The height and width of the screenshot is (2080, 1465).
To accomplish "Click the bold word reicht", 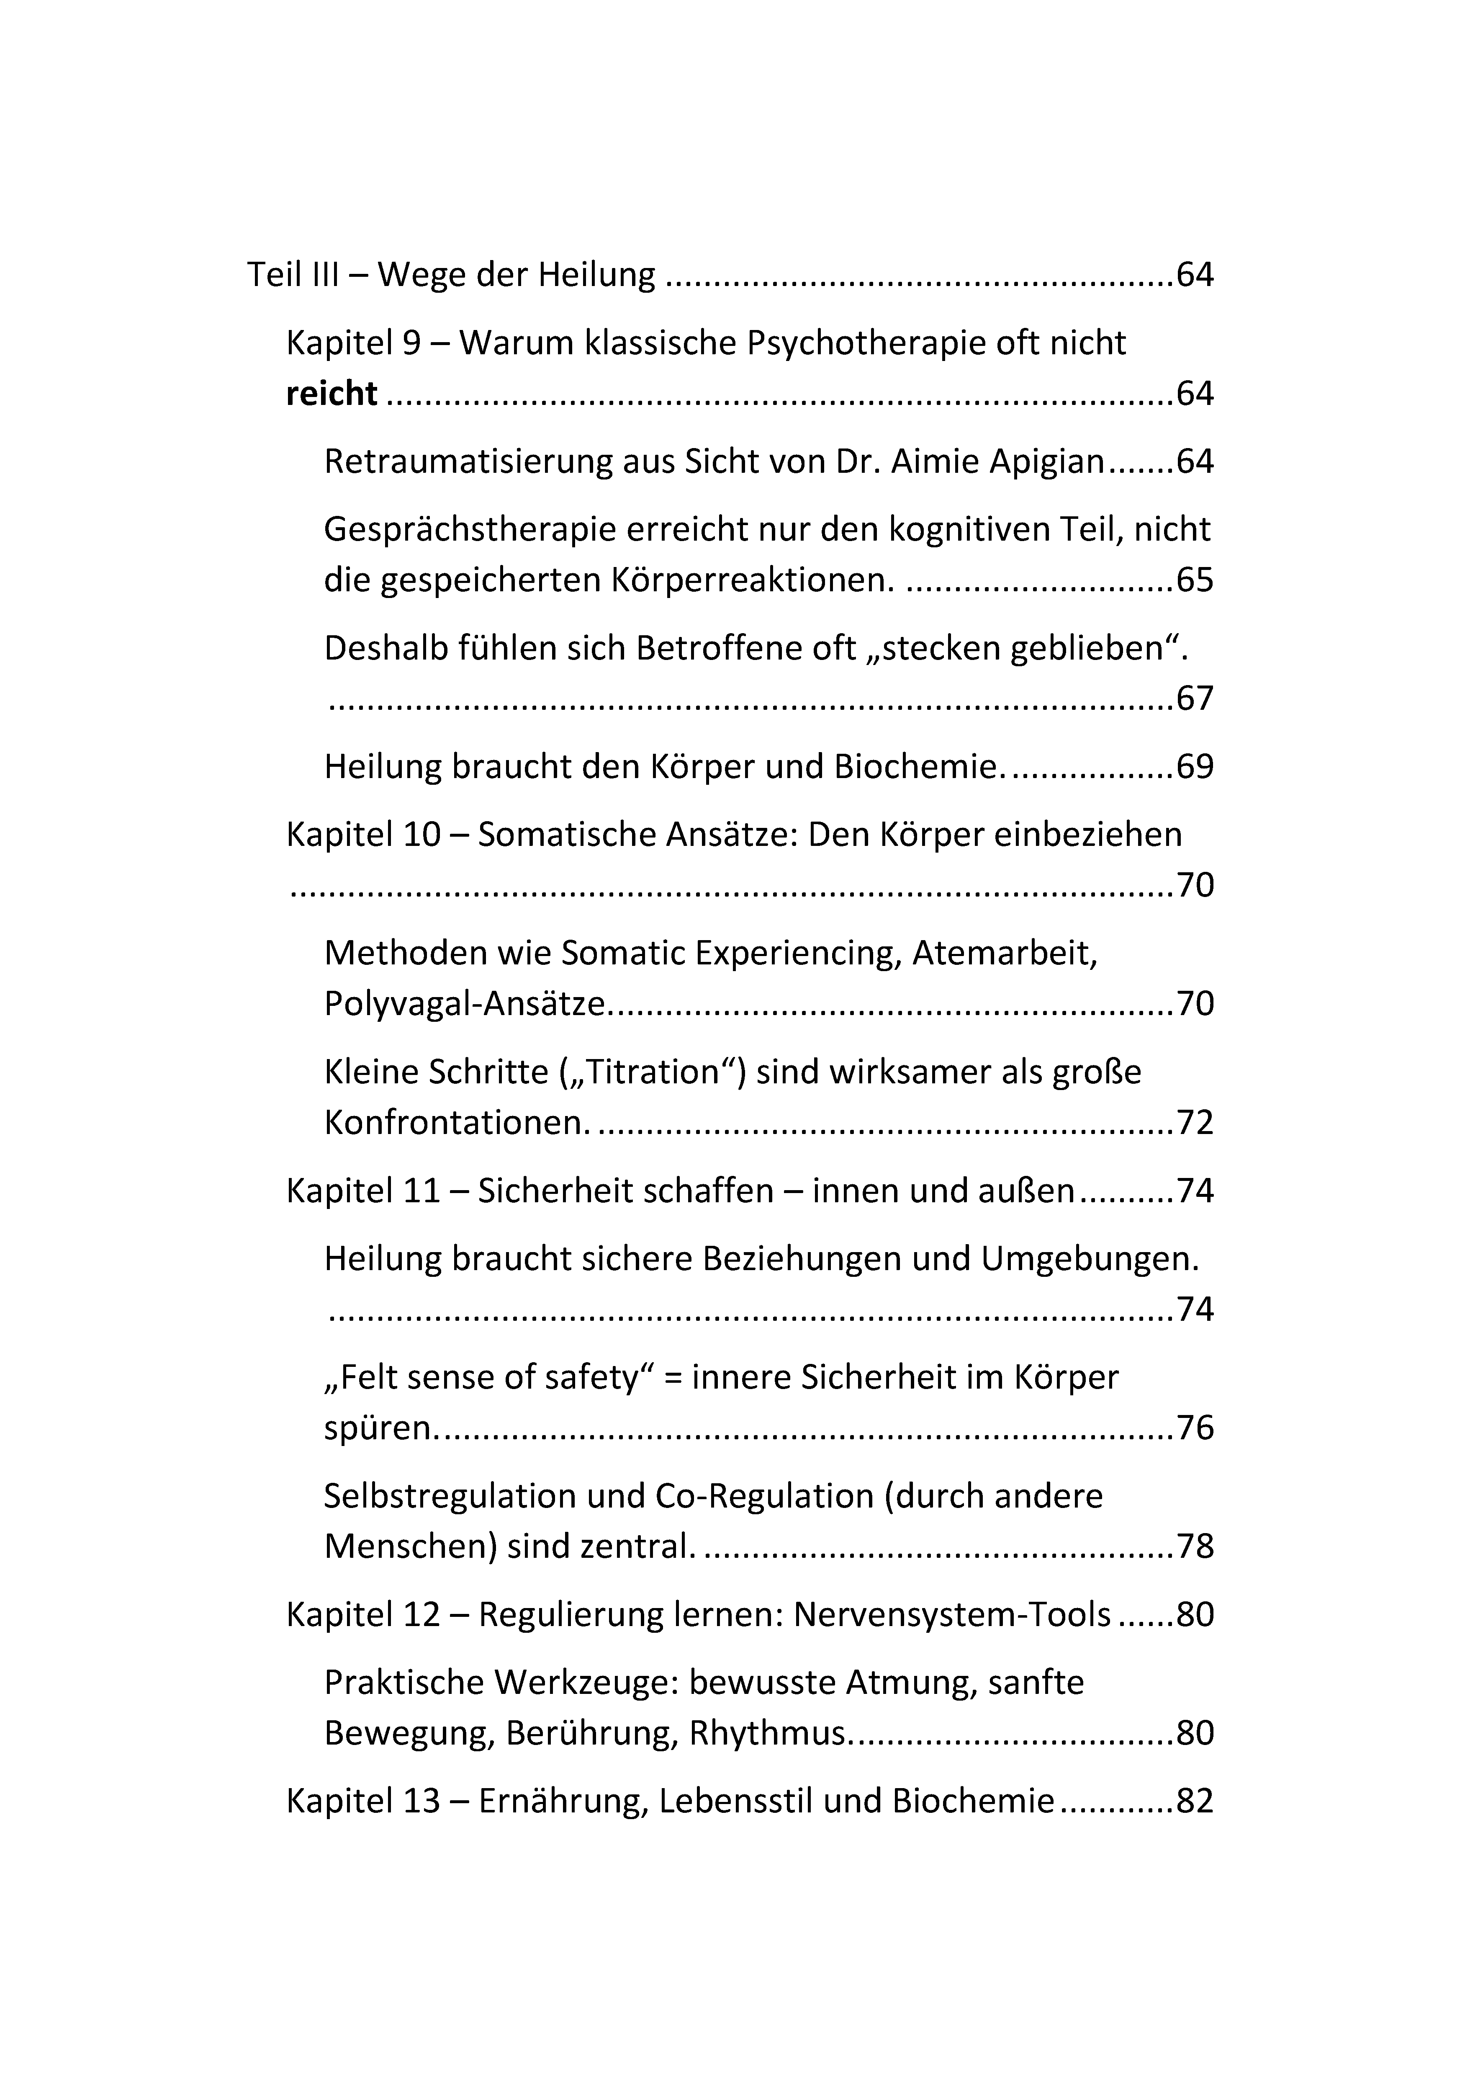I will pyautogui.click(x=332, y=394).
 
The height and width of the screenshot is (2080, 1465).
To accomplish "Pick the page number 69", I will pyautogui.click(x=1194, y=767).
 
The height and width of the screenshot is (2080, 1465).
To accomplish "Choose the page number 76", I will pyautogui.click(x=1194, y=1428).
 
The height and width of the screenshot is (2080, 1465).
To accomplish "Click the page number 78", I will pyautogui.click(x=1194, y=1546).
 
